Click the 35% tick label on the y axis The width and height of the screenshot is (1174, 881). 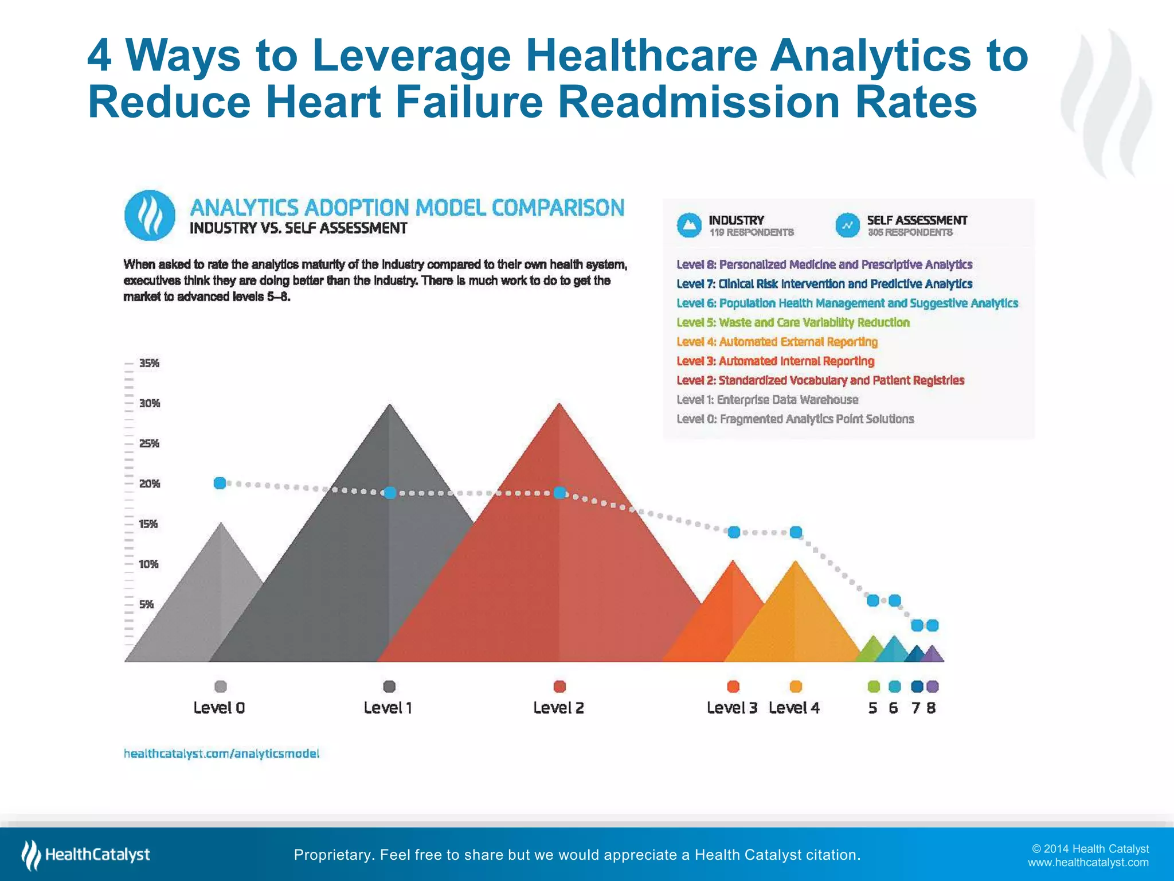(149, 363)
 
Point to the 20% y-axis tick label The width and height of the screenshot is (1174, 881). (149, 484)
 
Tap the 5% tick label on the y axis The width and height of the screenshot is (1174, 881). (146, 604)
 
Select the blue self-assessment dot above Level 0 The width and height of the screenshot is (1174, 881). (220, 483)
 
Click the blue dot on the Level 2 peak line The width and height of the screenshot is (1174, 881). (560, 493)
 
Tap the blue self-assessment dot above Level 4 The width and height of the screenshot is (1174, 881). (796, 532)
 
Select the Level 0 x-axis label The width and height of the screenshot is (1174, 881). (219, 708)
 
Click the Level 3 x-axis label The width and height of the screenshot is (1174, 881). (732, 708)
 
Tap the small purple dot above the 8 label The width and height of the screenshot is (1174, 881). (933, 686)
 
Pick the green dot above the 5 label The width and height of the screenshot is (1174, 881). (874, 686)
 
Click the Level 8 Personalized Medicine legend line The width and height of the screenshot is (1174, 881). (824, 264)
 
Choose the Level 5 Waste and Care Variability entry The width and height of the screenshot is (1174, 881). (793, 322)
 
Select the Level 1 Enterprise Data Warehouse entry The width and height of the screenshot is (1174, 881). (767, 400)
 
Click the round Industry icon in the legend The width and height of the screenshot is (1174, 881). (689, 225)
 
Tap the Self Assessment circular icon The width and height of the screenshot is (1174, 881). (847, 225)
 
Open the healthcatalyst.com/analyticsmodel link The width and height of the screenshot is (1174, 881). (221, 753)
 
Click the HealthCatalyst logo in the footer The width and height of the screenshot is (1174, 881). (86, 855)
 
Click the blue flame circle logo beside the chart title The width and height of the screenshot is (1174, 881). (150, 216)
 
